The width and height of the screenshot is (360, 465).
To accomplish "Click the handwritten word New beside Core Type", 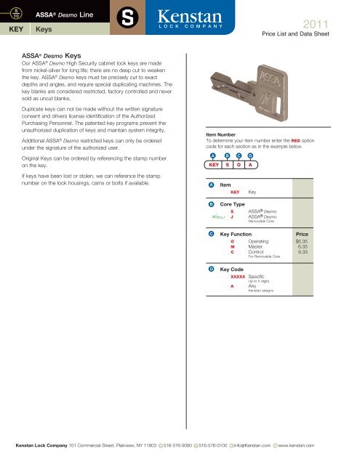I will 215,216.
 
